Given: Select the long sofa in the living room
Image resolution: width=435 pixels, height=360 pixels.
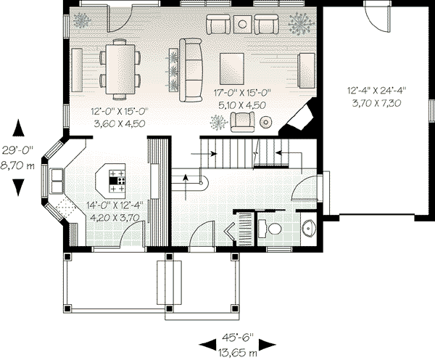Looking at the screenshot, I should (x=191, y=70).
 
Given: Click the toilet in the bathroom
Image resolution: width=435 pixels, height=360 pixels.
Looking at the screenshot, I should (x=273, y=229).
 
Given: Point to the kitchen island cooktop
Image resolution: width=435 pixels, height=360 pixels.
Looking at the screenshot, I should (x=117, y=178).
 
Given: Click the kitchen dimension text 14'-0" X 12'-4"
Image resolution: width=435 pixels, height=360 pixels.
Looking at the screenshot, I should (x=115, y=204).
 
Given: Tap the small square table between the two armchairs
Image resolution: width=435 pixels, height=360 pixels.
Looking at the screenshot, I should (x=241, y=26).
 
